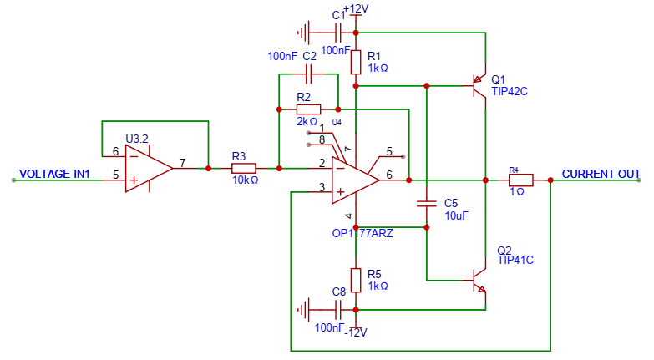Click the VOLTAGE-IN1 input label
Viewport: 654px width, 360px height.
coord(54,174)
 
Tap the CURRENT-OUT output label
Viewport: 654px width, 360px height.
coord(601,174)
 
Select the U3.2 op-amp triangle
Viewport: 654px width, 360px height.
coord(149,169)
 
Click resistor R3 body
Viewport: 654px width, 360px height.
coord(244,169)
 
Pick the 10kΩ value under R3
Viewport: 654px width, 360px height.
coord(246,180)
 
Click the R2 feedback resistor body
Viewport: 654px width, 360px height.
coord(309,109)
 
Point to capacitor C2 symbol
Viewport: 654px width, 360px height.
coord(309,74)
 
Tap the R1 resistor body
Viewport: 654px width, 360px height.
coord(355,62)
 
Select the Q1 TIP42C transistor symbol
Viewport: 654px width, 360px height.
coord(479,85)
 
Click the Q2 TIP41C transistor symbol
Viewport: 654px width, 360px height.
coord(479,280)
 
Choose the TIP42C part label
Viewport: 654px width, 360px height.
coord(510,91)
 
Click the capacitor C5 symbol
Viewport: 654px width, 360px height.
coord(426,204)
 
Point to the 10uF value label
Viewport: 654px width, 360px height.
coord(456,215)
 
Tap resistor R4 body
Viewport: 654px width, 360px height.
coord(521,180)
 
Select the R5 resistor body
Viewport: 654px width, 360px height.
coord(355,280)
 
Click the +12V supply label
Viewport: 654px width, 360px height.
coord(356,8)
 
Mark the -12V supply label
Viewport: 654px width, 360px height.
coord(356,332)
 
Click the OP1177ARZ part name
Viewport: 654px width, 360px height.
coord(362,233)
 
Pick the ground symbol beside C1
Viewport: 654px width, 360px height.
coord(304,33)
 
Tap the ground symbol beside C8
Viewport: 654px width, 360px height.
coord(304,310)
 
